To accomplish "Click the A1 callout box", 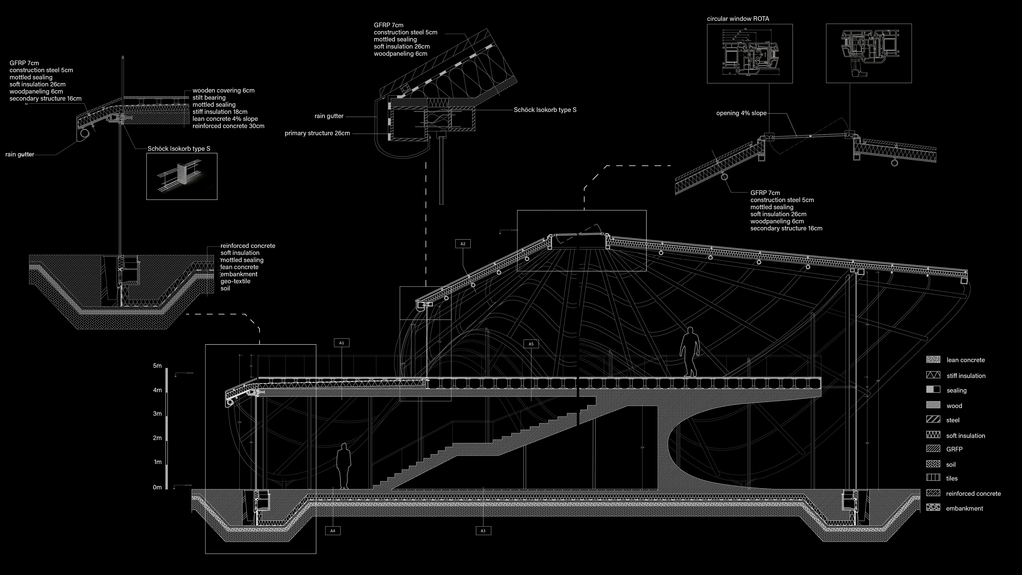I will click(341, 343).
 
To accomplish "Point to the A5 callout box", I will click(531, 344).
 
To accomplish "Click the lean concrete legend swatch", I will click(933, 360).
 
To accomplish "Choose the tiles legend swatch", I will click(933, 478).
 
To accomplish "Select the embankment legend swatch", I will click(933, 508).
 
